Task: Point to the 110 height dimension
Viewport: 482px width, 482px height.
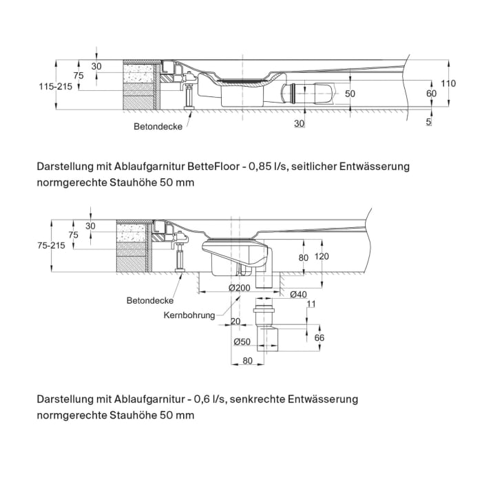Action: [x=448, y=83]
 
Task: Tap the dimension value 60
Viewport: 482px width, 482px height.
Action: [x=432, y=93]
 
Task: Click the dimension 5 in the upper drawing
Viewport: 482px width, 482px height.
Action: [x=429, y=122]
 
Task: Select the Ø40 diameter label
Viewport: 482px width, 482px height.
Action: [x=298, y=294]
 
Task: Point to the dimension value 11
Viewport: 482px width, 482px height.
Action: [x=311, y=304]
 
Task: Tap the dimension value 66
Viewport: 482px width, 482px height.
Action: [x=319, y=338]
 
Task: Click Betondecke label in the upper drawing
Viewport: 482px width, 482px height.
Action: [x=158, y=127]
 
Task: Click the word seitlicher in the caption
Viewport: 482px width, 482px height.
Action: [x=318, y=167]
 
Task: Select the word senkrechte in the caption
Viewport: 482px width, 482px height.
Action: [x=259, y=399]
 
